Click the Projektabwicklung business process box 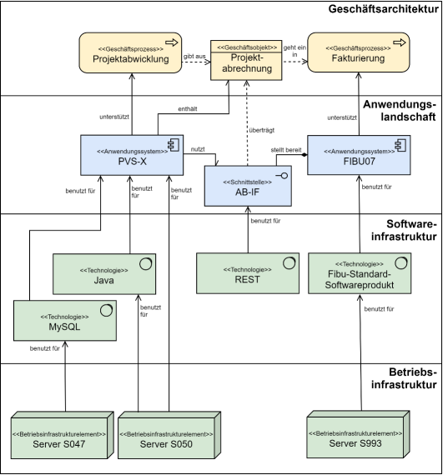(130, 52)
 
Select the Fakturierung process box (359, 52)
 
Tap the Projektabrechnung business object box (246, 60)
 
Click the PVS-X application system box (132, 155)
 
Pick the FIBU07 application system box (359, 155)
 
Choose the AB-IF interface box (248, 186)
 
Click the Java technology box (104, 274)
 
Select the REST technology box (248, 273)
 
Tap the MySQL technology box (65, 321)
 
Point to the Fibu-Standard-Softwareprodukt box (360, 273)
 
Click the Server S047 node (63, 435)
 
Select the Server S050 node (169, 435)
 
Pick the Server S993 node (358, 434)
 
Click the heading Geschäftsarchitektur (383, 9)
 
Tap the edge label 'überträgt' (262, 130)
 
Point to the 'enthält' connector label (188, 109)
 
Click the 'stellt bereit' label (286, 150)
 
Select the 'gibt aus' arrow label (194, 57)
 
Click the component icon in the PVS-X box (174, 145)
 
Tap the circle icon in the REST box (289, 263)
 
